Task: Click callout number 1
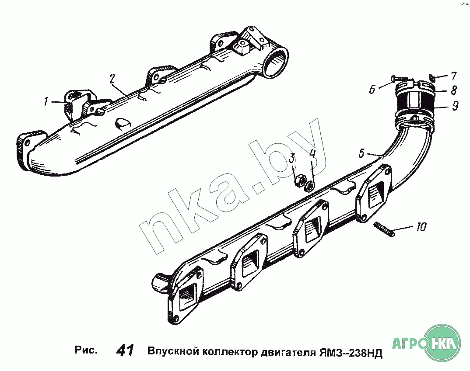click(46, 102)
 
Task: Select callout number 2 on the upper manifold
click(112, 79)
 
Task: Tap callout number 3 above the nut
click(292, 159)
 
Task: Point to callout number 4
click(312, 154)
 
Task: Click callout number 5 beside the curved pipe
click(362, 153)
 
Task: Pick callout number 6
click(372, 89)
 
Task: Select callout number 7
click(453, 76)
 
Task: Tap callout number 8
click(454, 90)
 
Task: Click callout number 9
click(455, 105)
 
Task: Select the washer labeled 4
click(309, 186)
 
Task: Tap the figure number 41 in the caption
click(126, 350)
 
